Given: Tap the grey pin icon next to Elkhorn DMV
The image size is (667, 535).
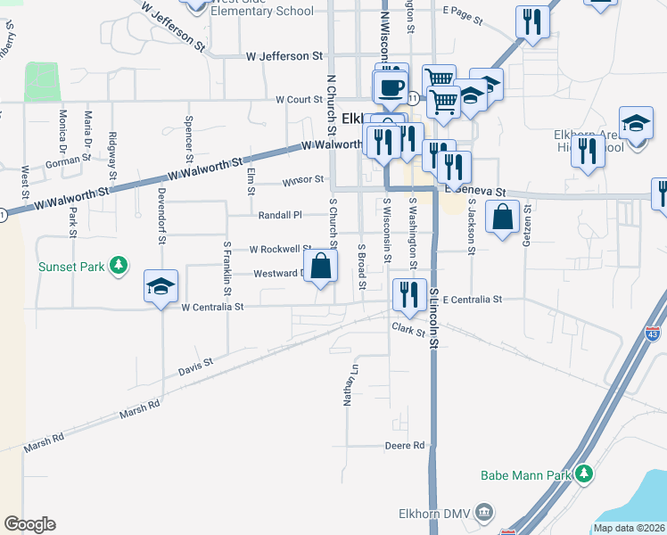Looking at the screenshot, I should (483, 512).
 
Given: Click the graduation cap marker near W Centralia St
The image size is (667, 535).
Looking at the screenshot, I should (161, 286).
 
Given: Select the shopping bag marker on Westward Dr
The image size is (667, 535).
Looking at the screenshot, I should (321, 266).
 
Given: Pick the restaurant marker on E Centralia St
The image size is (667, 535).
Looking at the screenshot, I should (409, 294).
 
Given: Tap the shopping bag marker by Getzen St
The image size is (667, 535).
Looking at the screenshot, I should (503, 217).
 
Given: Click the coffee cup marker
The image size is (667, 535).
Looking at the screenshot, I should (390, 87).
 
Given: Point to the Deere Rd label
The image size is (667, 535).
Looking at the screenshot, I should (404, 446).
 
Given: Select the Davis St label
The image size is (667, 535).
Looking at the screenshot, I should (195, 365).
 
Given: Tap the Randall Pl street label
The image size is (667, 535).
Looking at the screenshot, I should (280, 215).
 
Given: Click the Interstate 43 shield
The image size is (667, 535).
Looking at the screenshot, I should (653, 335).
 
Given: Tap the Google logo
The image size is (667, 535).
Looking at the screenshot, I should (29, 523).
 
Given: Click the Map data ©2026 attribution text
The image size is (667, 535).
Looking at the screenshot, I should (629, 528).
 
